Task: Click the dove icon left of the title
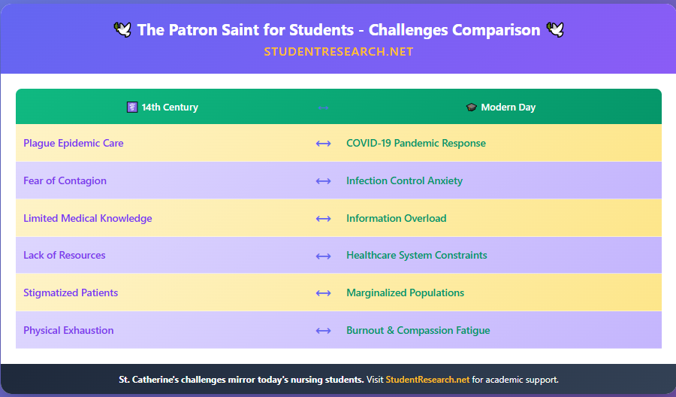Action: coord(122,30)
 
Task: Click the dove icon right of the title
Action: coord(555,30)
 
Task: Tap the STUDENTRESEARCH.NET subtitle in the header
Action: coord(339,52)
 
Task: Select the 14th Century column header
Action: coord(163,107)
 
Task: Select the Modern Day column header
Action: coord(501,107)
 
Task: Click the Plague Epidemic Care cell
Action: coord(74,143)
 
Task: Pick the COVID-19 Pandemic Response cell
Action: coord(415,143)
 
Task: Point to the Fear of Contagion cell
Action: coord(65,180)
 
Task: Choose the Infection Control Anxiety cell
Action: coord(404,180)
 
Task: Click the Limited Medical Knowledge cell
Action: coord(87,218)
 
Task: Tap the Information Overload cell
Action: coord(396,218)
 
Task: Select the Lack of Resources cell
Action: coord(64,255)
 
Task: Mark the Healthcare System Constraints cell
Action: coord(416,255)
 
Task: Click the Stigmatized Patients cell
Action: coord(71,292)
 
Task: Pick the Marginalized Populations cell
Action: coord(405,292)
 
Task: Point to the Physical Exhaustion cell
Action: coord(68,330)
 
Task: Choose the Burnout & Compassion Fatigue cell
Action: coord(418,330)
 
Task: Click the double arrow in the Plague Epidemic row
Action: coord(323,144)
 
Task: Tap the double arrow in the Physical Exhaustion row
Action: coord(323,331)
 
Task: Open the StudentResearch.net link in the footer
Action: coord(427,380)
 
